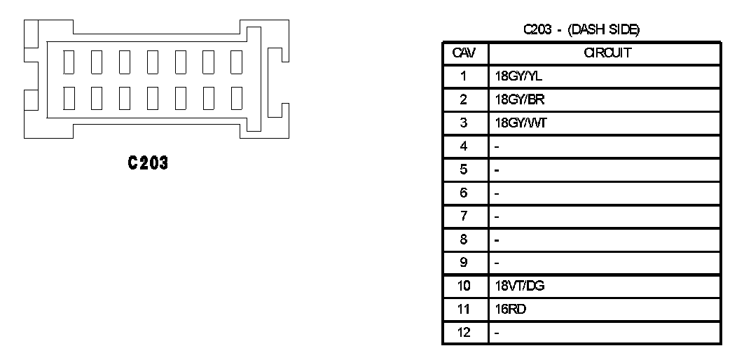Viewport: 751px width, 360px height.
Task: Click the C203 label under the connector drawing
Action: pyautogui.click(x=148, y=163)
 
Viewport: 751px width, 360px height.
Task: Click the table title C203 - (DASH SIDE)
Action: pyautogui.click(x=581, y=30)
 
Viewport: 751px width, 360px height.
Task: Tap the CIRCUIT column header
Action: pyautogui.click(x=604, y=53)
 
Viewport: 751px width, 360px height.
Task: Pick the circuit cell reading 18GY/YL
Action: pyautogui.click(x=509, y=77)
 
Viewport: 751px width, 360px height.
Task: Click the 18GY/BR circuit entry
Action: pyautogui.click(x=509, y=100)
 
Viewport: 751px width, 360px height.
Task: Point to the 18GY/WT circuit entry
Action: pyautogui.click(x=510, y=123)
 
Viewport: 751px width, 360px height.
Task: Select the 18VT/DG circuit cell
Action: pyautogui.click(x=511, y=286)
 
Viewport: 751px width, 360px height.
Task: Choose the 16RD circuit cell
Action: pyautogui.click(x=505, y=309)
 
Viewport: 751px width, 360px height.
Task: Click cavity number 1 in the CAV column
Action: pyautogui.click(x=464, y=77)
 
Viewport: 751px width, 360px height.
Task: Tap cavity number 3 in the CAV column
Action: pyautogui.click(x=464, y=123)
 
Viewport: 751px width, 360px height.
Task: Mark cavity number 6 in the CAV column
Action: pyautogui.click(x=464, y=193)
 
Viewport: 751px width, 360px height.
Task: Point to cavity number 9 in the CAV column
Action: pyautogui.click(x=464, y=263)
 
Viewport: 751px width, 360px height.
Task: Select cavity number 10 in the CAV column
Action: pyautogui.click(x=464, y=286)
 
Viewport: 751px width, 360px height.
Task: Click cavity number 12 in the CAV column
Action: pyautogui.click(x=464, y=333)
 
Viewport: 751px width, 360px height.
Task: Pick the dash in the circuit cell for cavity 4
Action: pyautogui.click(x=497, y=147)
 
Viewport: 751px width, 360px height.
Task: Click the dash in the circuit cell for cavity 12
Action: pyautogui.click(x=497, y=333)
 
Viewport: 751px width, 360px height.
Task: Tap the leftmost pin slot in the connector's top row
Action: pyautogui.click(x=69, y=62)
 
